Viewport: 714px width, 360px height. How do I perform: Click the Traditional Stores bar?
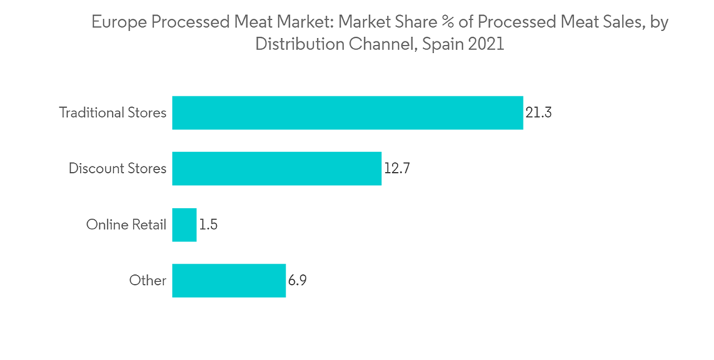pos(348,113)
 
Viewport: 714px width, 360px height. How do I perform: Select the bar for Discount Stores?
pos(276,169)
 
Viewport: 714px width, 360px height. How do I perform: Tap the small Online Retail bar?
pos(184,225)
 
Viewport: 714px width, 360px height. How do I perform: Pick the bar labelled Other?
pos(228,281)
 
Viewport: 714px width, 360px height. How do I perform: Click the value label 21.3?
pos(539,113)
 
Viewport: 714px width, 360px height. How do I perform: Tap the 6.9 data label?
pos(298,281)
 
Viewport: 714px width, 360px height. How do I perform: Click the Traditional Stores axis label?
pos(113,113)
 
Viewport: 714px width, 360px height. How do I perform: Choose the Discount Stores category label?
pos(117,169)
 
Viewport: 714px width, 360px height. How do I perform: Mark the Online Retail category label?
pos(126,225)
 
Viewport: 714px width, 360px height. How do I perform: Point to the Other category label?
pos(148,281)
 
